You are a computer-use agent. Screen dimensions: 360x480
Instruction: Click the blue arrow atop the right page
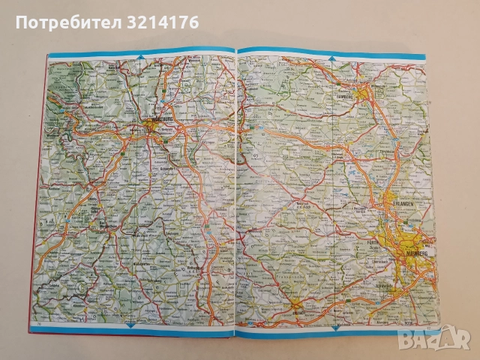[x=331, y=55]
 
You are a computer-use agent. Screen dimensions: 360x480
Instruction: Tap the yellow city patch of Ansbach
[x=298, y=305]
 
